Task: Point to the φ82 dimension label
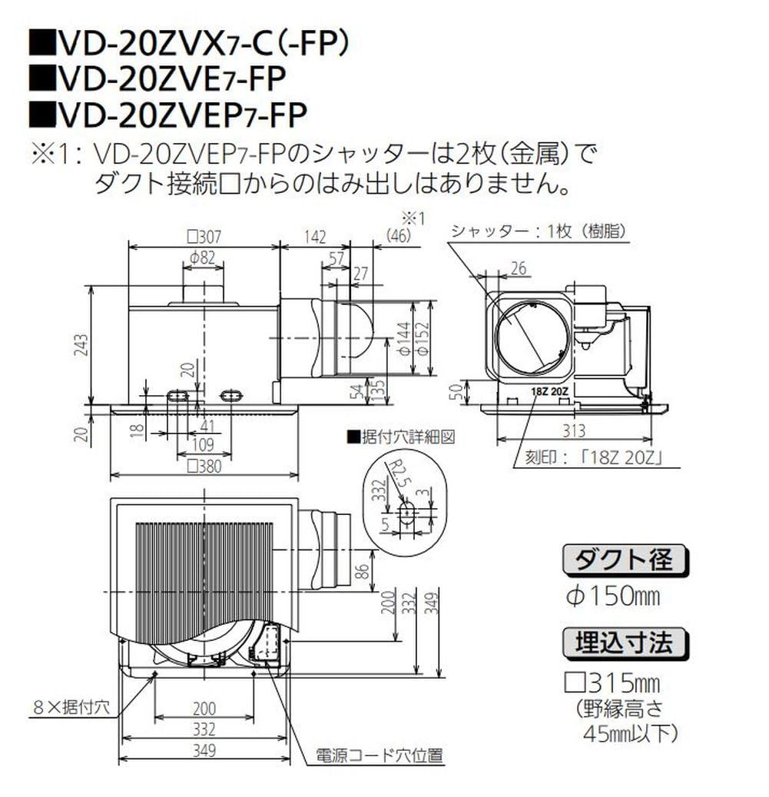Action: pyautogui.click(x=202, y=258)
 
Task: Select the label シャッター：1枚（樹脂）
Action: pyautogui.click(x=537, y=231)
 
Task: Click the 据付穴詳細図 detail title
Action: pyautogui.click(x=402, y=437)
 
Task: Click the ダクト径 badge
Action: pyautogui.click(x=625, y=560)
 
